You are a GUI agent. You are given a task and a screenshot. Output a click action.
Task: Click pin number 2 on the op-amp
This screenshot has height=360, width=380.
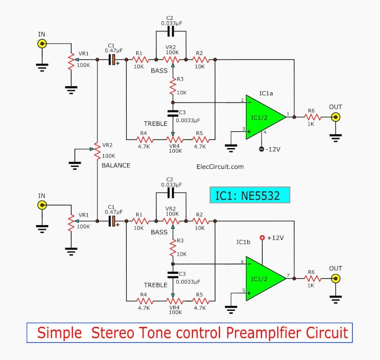(x=242, y=100)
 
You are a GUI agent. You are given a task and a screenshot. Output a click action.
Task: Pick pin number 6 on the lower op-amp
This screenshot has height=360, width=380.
(x=242, y=262)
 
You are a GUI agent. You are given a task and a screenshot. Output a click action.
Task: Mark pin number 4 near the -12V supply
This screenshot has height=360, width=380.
(x=264, y=132)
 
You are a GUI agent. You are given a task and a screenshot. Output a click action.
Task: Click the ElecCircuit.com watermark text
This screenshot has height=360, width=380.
(x=219, y=166)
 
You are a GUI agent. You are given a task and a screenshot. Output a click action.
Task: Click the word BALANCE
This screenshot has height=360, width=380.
(x=116, y=165)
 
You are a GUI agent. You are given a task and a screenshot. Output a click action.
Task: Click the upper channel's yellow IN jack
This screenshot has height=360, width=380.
(x=42, y=44)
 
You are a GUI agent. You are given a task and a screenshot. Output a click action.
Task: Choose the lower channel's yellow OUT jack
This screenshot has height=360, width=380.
(x=335, y=279)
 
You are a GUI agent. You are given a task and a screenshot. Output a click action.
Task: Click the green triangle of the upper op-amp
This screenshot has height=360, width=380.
(x=263, y=117)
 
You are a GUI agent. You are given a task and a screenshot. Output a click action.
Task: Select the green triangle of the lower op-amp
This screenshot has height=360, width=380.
(x=263, y=278)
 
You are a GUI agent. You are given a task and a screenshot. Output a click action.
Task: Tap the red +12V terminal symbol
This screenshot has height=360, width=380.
(x=262, y=238)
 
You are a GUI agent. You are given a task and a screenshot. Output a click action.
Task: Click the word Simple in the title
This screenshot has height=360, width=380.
(x=59, y=333)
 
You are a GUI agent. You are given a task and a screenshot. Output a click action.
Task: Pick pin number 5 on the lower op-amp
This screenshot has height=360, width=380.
(x=243, y=291)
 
